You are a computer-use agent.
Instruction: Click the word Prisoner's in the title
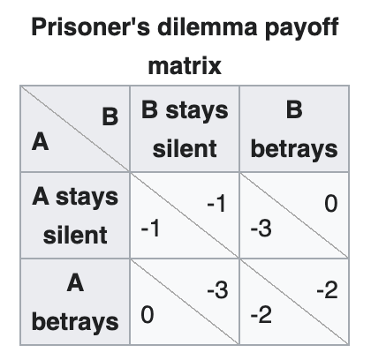click(x=90, y=27)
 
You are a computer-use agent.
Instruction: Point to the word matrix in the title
click(x=185, y=65)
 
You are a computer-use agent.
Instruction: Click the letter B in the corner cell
click(x=110, y=116)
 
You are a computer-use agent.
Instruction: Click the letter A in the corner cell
click(x=40, y=142)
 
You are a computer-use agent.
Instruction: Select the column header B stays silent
click(x=185, y=129)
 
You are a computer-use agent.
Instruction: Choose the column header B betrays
click(x=294, y=129)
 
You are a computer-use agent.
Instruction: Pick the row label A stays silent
click(x=75, y=215)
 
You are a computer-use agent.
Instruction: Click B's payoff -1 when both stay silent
click(x=216, y=203)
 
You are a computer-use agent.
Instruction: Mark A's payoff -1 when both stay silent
click(x=150, y=229)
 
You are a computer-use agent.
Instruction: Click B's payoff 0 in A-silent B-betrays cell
click(x=331, y=204)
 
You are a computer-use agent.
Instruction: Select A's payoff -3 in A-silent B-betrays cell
click(x=261, y=229)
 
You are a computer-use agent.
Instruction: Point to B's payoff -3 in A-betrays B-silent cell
click(x=217, y=290)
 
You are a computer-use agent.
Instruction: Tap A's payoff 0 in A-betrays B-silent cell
click(x=148, y=315)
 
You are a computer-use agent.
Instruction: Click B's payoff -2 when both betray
click(x=327, y=290)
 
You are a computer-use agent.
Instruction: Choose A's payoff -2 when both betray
click(x=261, y=315)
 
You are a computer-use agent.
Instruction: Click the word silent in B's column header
click(x=185, y=149)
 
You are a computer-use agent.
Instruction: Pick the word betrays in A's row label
click(x=75, y=322)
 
